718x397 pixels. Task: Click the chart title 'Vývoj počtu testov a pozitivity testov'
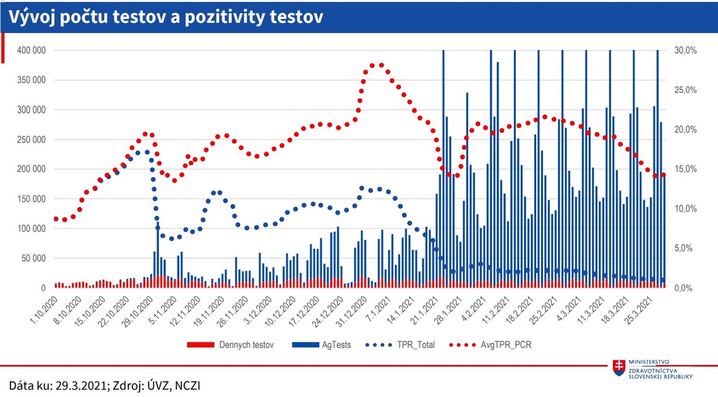point(165,17)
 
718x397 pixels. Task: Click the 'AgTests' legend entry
point(336,344)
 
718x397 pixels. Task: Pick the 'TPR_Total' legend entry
point(416,344)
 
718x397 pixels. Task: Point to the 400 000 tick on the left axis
point(30,50)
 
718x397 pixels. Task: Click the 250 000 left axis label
point(30,140)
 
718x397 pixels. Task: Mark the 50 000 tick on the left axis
point(32,259)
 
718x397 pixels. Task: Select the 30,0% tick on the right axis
point(685,50)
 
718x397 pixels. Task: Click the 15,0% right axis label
point(685,169)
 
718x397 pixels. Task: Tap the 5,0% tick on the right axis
point(686,249)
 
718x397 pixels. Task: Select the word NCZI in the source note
point(186,386)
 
